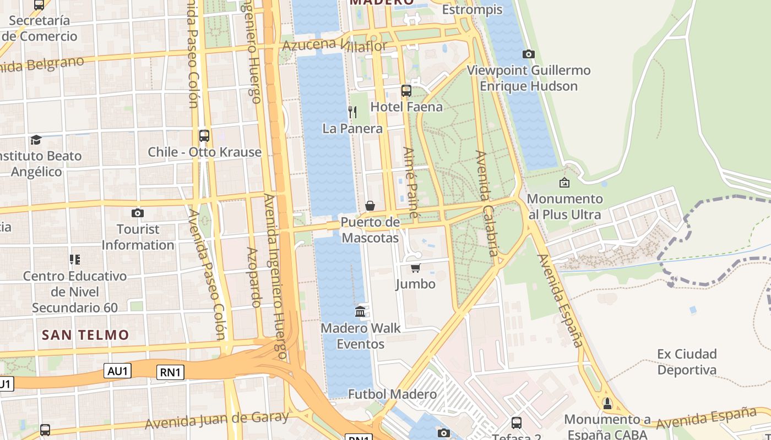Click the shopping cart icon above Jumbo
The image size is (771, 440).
point(415,268)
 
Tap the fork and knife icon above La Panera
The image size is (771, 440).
point(352,112)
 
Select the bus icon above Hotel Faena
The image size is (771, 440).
point(406,91)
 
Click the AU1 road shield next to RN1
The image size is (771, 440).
point(118,371)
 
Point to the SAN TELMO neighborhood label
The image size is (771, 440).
point(85,334)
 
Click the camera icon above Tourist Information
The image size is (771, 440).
point(138,213)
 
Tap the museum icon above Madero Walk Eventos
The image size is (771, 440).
point(361,312)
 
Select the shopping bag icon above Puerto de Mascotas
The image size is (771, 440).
point(370,206)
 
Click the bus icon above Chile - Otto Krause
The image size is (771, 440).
point(204,135)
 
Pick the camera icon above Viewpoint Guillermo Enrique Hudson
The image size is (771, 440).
point(529,54)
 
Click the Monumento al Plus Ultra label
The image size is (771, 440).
point(564,206)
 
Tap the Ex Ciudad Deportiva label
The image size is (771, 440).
point(687,361)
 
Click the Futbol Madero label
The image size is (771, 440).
point(392,394)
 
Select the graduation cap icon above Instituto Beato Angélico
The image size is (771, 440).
point(36,140)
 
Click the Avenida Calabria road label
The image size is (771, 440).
point(486,204)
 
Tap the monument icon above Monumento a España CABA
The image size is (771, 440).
point(607,404)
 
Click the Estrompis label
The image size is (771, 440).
point(472,9)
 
